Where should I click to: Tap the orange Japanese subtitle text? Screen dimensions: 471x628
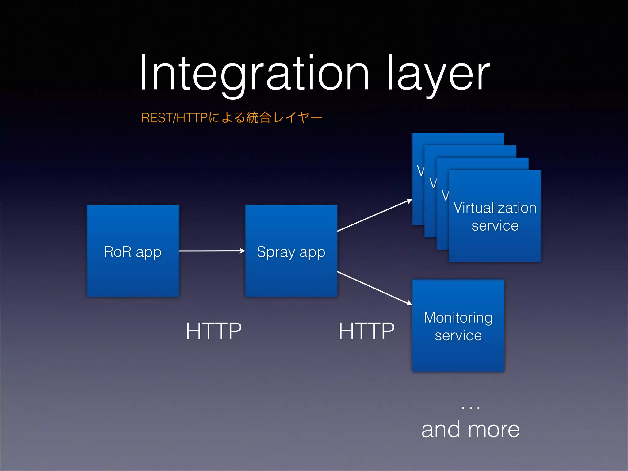pos(232,117)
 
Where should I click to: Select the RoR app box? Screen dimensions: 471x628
pos(133,276)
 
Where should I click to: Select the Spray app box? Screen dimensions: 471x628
pos(291,276)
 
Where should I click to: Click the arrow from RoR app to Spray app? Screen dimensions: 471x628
pos(212,251)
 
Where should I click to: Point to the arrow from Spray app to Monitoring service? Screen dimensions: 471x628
pos(375,288)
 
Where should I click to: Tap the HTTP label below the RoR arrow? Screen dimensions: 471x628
pos(214,331)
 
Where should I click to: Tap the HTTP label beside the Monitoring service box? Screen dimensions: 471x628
pos(366,331)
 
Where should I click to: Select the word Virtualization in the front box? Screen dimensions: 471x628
pos(495,208)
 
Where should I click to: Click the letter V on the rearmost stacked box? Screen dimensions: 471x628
pos(420,171)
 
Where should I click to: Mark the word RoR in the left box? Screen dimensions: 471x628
pos(117,252)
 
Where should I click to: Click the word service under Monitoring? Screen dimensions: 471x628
pos(458,335)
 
